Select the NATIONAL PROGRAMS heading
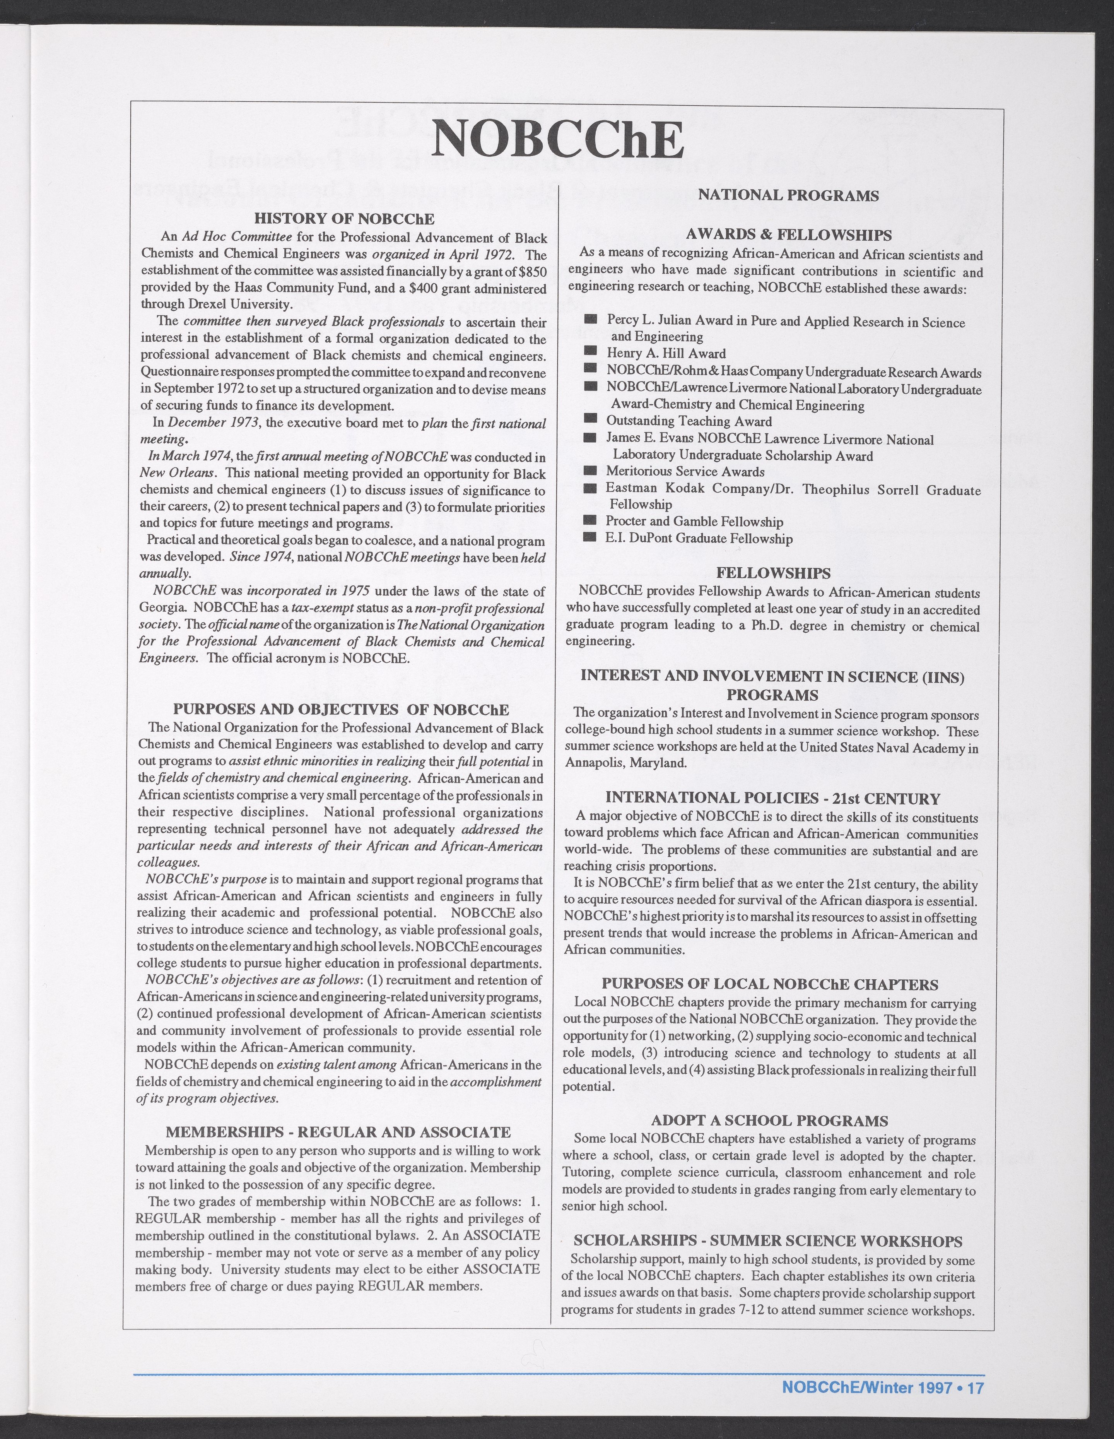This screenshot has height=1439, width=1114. (x=788, y=196)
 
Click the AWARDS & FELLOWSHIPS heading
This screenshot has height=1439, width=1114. (x=789, y=234)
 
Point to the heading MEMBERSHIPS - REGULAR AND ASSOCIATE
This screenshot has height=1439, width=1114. (x=338, y=1132)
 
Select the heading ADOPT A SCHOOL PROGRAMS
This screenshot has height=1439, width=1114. (x=769, y=1120)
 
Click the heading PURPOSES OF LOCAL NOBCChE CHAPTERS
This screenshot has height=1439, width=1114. (x=769, y=984)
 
